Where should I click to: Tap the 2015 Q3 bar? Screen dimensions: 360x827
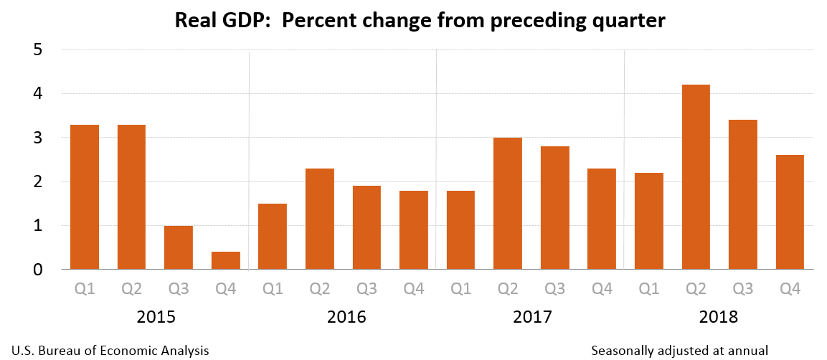tap(179, 247)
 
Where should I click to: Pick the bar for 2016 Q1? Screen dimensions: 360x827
tap(273, 237)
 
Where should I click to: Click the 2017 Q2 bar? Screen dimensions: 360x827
tap(508, 204)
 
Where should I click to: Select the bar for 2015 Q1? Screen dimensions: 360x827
tap(85, 197)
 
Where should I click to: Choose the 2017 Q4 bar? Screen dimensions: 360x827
tap(602, 219)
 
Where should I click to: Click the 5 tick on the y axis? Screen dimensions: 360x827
tap(37, 50)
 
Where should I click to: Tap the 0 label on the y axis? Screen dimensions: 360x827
tap(37, 270)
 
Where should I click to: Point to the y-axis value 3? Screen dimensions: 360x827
tap(37, 138)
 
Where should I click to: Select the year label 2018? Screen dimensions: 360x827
tap(719, 317)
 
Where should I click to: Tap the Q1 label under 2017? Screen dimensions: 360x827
tap(460, 288)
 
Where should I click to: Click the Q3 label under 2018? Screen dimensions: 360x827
tap(743, 288)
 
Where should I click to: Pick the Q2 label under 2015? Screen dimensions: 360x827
tap(131, 288)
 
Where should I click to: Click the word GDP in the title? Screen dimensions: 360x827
tap(248, 22)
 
